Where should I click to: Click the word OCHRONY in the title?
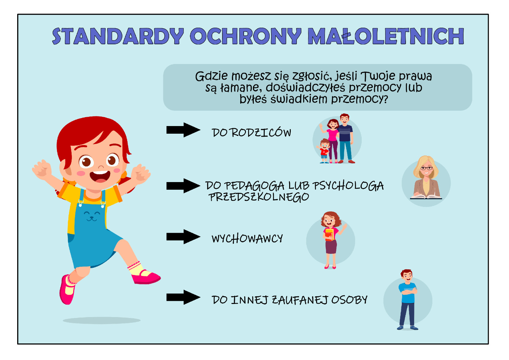coord(246,36)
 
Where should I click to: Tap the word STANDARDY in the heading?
coord(118,36)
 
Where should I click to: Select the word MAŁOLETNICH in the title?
coord(386,36)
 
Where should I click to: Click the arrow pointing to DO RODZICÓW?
coord(183,130)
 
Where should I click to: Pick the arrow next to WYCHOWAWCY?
coord(183,237)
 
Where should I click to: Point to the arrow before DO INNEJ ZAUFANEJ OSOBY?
coord(183,297)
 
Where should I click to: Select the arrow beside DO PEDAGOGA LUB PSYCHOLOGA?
coord(183,186)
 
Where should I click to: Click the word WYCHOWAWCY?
coord(247,238)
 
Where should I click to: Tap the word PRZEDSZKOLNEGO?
coord(259,197)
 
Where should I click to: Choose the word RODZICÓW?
coord(261,133)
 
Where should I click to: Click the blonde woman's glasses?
coord(426,168)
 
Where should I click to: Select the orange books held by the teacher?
coord(329,235)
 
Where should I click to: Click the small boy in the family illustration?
coord(324,151)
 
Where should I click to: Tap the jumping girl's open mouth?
coord(100,176)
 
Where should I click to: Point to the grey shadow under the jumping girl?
coord(101,321)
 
